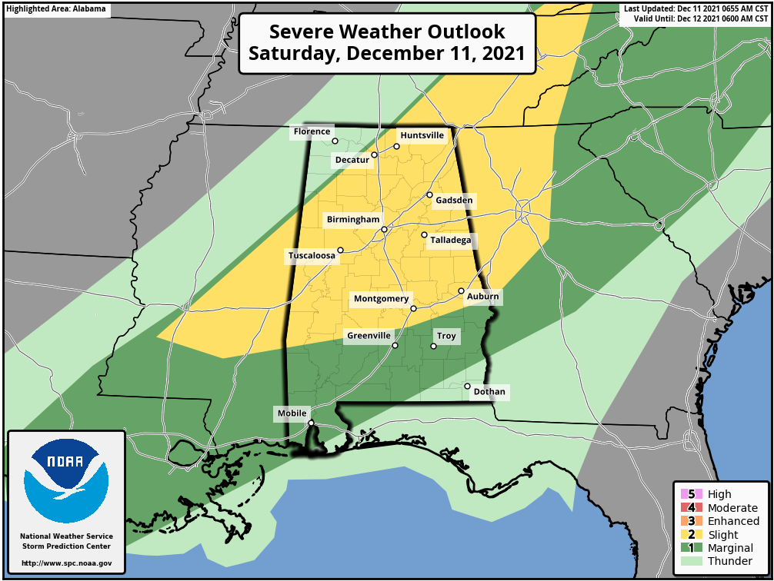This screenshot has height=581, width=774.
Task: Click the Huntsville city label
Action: pyautogui.click(x=422, y=135)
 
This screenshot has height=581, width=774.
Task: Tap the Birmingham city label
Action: pyautogui.click(x=353, y=220)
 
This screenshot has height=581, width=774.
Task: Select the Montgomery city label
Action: pyautogui.click(x=382, y=299)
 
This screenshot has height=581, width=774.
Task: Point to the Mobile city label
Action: pyautogui.click(x=292, y=413)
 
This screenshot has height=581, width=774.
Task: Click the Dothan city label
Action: pyautogui.click(x=489, y=392)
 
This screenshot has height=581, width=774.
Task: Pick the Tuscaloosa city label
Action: pyautogui.click(x=312, y=256)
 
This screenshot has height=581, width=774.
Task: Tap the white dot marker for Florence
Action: pyautogui.click(x=335, y=141)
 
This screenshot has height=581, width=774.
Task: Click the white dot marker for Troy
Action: pyautogui.click(x=433, y=347)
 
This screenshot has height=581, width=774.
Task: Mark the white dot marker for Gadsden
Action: pyautogui.click(x=430, y=195)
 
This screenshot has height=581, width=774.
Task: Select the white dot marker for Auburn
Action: pyautogui.click(x=461, y=291)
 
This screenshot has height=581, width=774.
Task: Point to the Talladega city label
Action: pyautogui.click(x=450, y=241)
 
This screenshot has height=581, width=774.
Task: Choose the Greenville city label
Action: pyautogui.click(x=369, y=336)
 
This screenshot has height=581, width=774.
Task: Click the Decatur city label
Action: pyautogui.click(x=352, y=160)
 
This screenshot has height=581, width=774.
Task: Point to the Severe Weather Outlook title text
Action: pyautogui.click(x=387, y=43)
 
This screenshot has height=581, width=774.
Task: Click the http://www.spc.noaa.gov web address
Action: pyautogui.click(x=66, y=563)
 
